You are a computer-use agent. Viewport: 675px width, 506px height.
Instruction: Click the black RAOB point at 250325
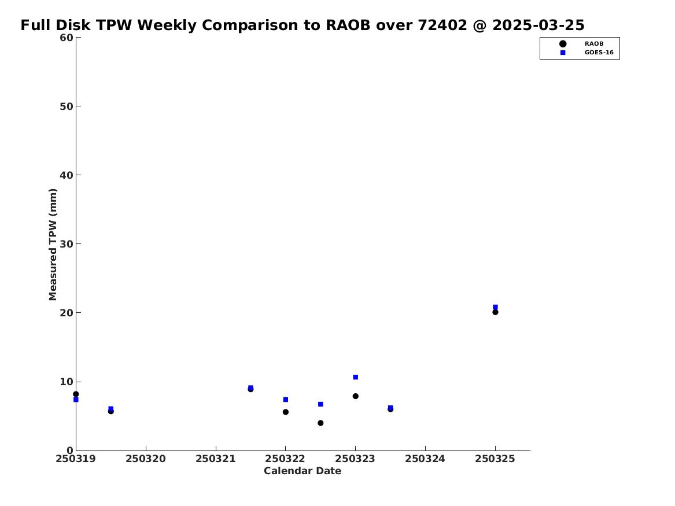[495, 312]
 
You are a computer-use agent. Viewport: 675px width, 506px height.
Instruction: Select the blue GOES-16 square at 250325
[495, 307]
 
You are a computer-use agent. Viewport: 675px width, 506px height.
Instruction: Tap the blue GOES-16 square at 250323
[356, 378]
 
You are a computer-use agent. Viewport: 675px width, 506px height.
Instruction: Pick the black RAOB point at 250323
[356, 396]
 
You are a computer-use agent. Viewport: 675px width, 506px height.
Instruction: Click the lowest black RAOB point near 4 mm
[320, 423]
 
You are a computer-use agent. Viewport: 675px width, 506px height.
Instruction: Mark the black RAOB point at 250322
[285, 412]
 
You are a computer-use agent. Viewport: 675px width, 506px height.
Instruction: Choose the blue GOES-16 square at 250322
[285, 400]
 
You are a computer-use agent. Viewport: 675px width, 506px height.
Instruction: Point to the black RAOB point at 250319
[76, 394]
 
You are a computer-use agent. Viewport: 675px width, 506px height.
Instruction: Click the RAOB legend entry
[581, 44]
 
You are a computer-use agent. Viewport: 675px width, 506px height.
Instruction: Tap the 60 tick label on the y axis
[67, 38]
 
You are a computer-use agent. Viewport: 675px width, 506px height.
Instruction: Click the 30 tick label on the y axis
[67, 244]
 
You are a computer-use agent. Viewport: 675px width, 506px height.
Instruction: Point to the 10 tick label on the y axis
[67, 382]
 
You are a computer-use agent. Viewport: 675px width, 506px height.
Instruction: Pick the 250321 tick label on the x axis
[216, 459]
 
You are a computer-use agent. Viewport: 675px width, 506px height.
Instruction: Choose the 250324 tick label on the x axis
[425, 459]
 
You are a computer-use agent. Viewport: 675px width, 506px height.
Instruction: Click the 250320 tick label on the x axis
[146, 459]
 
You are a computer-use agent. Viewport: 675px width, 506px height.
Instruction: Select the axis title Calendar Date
[303, 471]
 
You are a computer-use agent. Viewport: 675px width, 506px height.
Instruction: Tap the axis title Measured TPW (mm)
[53, 245]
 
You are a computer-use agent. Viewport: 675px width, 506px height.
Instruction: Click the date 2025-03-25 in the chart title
[538, 25]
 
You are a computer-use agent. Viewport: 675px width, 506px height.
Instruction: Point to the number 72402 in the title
[442, 25]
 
